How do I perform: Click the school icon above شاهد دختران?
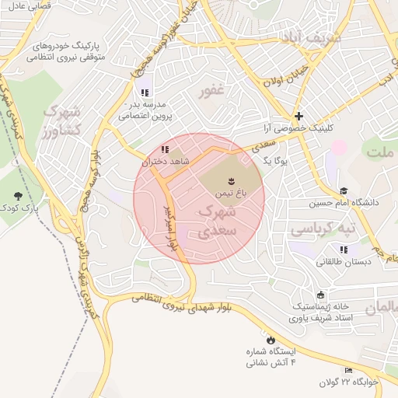tap(163, 149)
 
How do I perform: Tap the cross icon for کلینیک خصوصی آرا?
tap(299, 115)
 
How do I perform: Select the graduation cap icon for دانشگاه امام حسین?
tap(343, 190)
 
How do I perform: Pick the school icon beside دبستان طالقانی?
tap(343, 250)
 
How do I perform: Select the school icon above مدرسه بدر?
tap(145, 93)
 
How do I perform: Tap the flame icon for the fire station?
tap(271, 340)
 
